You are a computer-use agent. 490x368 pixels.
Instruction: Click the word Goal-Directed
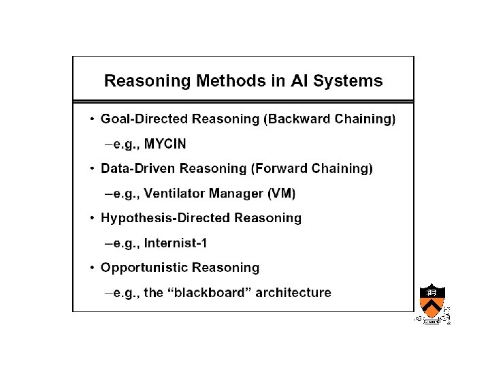pos(144,119)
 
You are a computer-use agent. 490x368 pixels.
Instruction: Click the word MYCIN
pos(165,144)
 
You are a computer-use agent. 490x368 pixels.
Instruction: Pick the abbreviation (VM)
pos(281,194)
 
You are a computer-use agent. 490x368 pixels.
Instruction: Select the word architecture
pos(297,293)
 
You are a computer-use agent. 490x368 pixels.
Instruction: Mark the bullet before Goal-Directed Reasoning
pos(93,119)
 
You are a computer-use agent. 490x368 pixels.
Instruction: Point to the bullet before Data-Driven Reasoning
pos(93,169)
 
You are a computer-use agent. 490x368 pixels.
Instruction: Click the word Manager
pos(239,194)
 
